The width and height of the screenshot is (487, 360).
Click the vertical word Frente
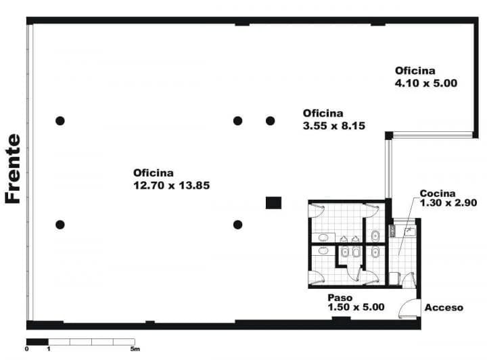click(x=13, y=168)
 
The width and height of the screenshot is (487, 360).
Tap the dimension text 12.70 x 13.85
click(x=172, y=184)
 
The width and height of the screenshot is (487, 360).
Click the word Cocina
click(x=437, y=192)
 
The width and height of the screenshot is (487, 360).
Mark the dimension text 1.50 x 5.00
click(x=356, y=307)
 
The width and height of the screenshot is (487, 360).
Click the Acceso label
click(x=444, y=308)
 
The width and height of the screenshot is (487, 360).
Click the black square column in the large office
click(x=273, y=202)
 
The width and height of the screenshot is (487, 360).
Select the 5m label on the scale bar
click(x=135, y=349)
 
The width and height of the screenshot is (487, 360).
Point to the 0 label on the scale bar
click(x=27, y=349)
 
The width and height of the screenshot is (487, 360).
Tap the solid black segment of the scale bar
click(x=38, y=341)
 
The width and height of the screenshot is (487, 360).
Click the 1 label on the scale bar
click(x=49, y=349)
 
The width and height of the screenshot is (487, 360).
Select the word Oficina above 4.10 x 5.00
click(x=415, y=70)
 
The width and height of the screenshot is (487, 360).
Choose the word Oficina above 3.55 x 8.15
click(x=323, y=113)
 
